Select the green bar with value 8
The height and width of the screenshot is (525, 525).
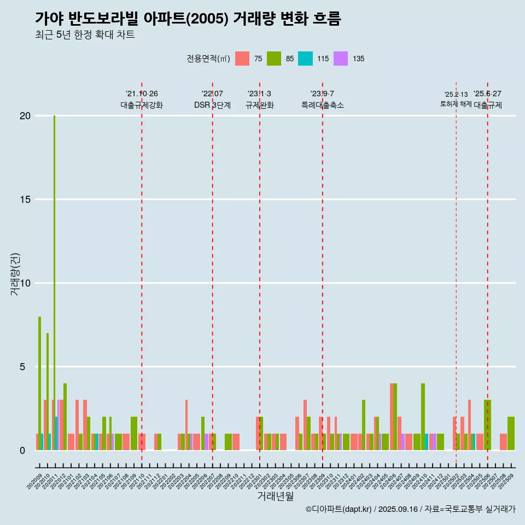tap(39, 383)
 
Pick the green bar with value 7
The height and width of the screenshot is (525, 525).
tap(48, 391)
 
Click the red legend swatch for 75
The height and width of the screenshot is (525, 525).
tap(242, 59)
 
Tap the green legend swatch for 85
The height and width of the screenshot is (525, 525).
tap(274, 59)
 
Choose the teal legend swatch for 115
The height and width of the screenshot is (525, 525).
tap(305, 59)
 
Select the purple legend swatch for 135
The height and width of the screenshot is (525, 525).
tap(340, 59)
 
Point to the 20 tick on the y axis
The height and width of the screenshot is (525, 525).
tap(25, 116)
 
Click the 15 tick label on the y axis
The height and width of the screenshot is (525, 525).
tap(25, 200)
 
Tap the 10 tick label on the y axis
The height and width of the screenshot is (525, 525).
tap(25, 283)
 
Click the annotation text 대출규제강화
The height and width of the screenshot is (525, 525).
tap(142, 105)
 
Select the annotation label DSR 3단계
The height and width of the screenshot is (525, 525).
tap(212, 105)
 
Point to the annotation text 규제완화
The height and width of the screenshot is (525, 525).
tap(259, 105)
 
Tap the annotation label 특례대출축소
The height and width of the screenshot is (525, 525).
tap(323, 105)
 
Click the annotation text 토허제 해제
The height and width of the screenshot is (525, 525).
tap(456, 104)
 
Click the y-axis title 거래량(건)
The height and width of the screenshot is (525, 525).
tap(15, 275)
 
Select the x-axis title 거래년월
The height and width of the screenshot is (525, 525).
tap(276, 496)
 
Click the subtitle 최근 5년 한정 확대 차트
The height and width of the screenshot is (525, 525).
tap(85, 35)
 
